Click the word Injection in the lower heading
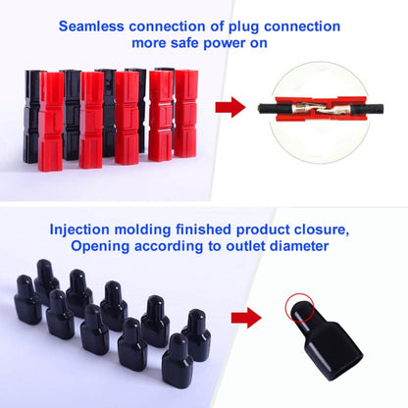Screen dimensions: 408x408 (89, 231)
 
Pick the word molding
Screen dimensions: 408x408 (160, 231)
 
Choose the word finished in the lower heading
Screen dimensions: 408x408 (224, 231)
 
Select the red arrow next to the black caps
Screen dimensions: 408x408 (245, 317)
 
